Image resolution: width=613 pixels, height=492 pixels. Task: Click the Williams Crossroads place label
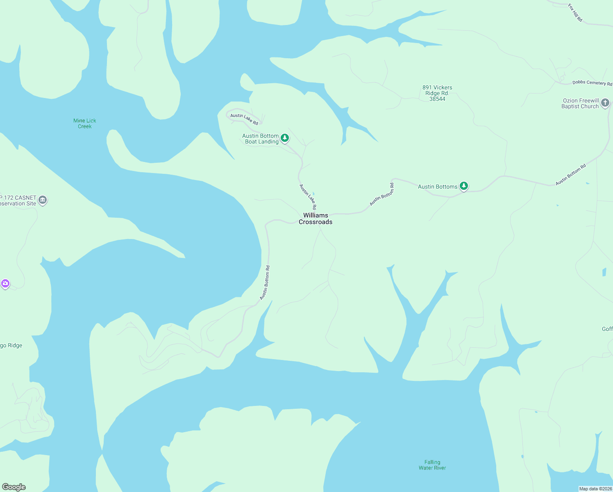[x=316, y=219]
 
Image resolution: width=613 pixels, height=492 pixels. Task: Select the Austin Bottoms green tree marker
[x=463, y=186]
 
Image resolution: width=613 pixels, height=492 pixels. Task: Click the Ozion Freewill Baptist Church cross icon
[x=605, y=103]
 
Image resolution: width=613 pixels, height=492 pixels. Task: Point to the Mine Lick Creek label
[x=85, y=123]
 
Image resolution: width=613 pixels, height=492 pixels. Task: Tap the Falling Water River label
[x=432, y=465]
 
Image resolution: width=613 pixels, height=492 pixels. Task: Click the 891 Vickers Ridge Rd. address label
[x=437, y=93]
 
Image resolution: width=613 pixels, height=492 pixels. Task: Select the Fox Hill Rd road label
[x=575, y=13]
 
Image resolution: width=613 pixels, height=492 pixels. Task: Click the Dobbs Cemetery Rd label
[x=592, y=83]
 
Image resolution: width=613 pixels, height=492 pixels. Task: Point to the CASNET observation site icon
[x=43, y=200]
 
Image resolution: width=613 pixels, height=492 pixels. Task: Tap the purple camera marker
[x=5, y=283]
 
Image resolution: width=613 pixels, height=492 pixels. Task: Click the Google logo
[x=14, y=487]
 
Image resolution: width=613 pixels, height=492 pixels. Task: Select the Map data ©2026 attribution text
[x=595, y=489]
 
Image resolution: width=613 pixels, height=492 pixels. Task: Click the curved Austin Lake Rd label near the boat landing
[x=244, y=119]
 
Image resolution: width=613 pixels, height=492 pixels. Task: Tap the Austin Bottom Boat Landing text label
[x=261, y=139]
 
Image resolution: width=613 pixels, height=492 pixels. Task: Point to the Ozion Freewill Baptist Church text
[x=580, y=103]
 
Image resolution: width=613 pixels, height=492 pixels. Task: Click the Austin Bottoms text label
[x=438, y=187]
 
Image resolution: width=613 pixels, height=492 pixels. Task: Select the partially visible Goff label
[x=607, y=329]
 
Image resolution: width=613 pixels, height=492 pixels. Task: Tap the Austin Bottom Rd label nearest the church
[x=571, y=175]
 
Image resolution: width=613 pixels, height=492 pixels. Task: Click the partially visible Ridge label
[x=11, y=345]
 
